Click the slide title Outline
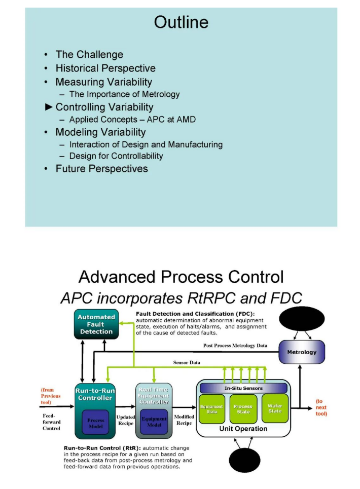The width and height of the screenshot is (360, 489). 181,22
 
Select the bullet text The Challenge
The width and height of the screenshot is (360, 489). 89,54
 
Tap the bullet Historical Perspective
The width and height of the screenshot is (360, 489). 105,68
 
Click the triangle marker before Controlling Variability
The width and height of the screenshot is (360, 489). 49,107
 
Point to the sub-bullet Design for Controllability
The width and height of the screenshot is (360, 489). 116,156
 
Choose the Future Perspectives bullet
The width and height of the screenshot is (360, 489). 101,168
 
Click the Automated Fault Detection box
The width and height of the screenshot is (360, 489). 96,324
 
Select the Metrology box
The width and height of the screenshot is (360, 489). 302,352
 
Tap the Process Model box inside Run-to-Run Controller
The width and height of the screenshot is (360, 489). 96,423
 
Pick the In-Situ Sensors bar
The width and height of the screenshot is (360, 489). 243,388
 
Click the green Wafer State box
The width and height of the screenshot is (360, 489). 275,408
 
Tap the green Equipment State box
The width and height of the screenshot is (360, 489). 211,409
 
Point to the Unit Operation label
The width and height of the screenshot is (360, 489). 243,429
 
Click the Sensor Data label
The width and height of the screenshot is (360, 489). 187,363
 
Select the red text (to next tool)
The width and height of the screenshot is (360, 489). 321,407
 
